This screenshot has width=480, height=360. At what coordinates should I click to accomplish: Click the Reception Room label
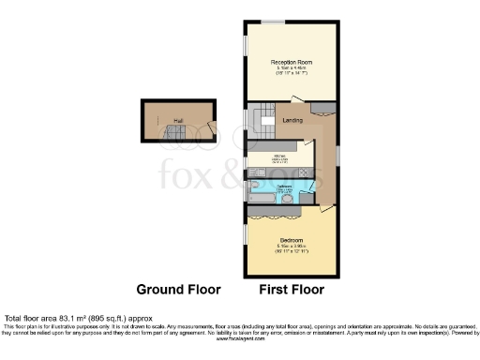point(291,61)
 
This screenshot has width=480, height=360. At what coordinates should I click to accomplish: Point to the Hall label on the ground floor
point(177,121)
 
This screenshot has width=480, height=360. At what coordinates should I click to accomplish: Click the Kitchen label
point(279,154)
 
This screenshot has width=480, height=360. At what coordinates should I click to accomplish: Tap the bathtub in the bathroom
point(262,199)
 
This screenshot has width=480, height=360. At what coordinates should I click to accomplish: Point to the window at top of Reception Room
point(273,22)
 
